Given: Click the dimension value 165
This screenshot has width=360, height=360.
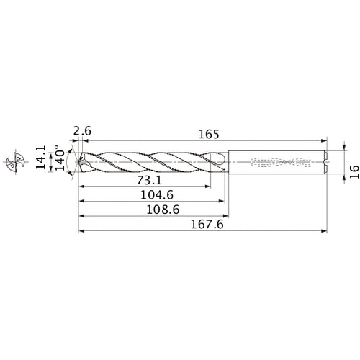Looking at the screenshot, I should [207, 134].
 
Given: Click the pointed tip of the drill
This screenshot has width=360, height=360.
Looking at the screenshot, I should [79, 161].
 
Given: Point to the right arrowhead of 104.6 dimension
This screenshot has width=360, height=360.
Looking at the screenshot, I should [220, 201].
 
